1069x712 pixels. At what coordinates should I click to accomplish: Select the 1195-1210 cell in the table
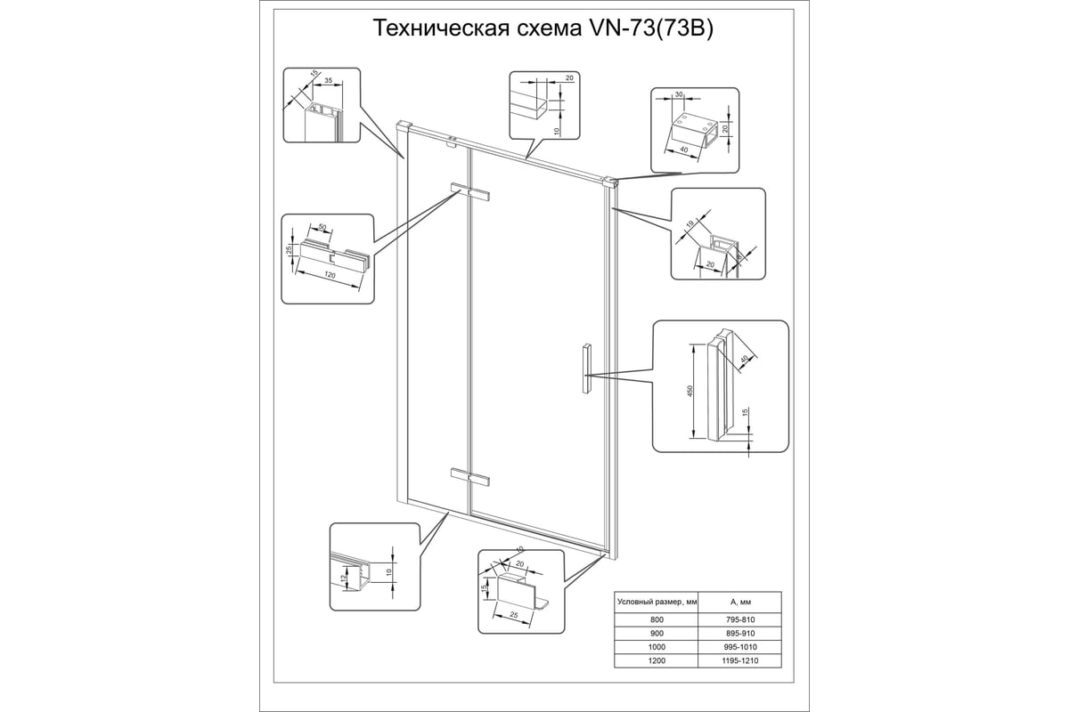[739, 660]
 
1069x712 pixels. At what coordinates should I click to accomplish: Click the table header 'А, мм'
[739, 602]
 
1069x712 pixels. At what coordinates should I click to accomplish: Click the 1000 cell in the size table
[656, 646]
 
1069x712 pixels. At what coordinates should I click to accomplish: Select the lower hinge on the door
[470, 478]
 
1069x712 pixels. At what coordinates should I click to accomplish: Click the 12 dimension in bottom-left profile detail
[341, 578]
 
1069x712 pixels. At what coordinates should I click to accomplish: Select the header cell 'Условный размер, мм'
[656, 602]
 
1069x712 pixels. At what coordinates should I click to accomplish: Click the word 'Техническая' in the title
[436, 29]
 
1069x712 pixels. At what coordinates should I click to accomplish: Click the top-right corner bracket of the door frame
[611, 183]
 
